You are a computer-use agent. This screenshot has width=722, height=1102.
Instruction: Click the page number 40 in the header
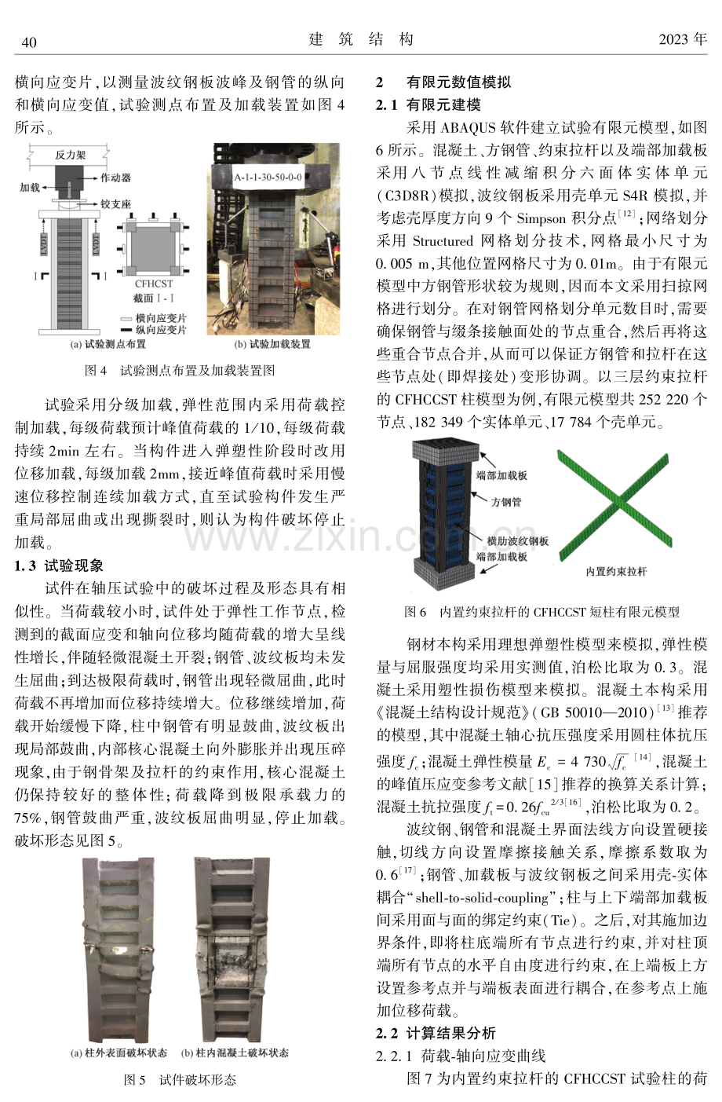29,42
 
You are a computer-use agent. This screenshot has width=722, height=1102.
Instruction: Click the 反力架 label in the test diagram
70,155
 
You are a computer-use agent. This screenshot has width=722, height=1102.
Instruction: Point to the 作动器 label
116,178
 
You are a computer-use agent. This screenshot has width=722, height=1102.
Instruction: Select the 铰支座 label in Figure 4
116,203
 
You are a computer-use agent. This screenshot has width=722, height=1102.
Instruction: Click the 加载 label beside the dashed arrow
30,188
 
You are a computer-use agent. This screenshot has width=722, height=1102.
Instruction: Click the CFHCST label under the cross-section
154,284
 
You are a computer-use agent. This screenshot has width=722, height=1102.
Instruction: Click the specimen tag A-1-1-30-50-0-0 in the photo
268,177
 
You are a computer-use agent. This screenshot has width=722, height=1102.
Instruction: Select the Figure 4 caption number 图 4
96,371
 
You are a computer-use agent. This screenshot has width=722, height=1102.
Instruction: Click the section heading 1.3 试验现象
59,566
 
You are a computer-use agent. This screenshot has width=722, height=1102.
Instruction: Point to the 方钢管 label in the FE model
506,502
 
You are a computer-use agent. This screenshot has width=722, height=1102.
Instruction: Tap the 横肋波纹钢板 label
517,541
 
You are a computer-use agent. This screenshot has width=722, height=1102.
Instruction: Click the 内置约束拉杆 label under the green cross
616,571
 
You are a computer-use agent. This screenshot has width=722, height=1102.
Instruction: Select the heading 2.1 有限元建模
428,104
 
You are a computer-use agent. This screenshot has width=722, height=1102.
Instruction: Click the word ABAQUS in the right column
468,128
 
